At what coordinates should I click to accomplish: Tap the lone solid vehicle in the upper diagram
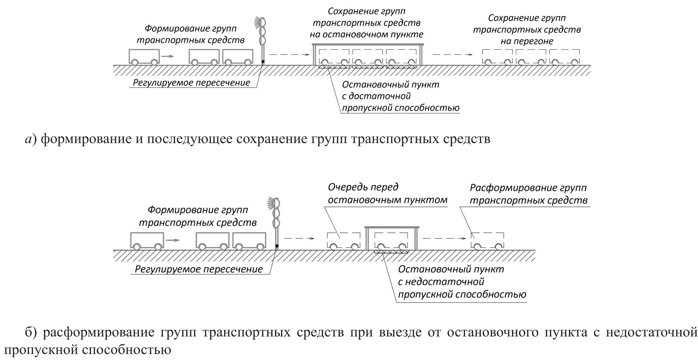pyautogui.click(x=144, y=57)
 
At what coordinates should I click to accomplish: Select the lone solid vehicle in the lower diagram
pyautogui.click(x=147, y=241)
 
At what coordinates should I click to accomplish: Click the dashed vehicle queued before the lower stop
pyautogui.click(x=344, y=241)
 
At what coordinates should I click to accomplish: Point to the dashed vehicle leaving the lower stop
pyautogui.click(x=488, y=241)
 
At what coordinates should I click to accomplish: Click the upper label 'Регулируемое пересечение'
pyautogui.click(x=191, y=83)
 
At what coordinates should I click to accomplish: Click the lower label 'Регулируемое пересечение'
pyautogui.click(x=199, y=269)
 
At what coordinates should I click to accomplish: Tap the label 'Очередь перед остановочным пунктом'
pyautogui.click(x=387, y=193)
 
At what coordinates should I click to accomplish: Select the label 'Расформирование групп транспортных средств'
pyautogui.click(x=528, y=194)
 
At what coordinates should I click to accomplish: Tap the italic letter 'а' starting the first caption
pyautogui.click(x=28, y=140)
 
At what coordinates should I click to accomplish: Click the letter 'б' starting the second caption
pyautogui.click(x=28, y=332)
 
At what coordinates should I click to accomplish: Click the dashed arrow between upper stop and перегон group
pyautogui.click(x=452, y=54)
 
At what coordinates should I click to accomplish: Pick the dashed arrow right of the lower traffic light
pyautogui.click(x=299, y=238)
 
